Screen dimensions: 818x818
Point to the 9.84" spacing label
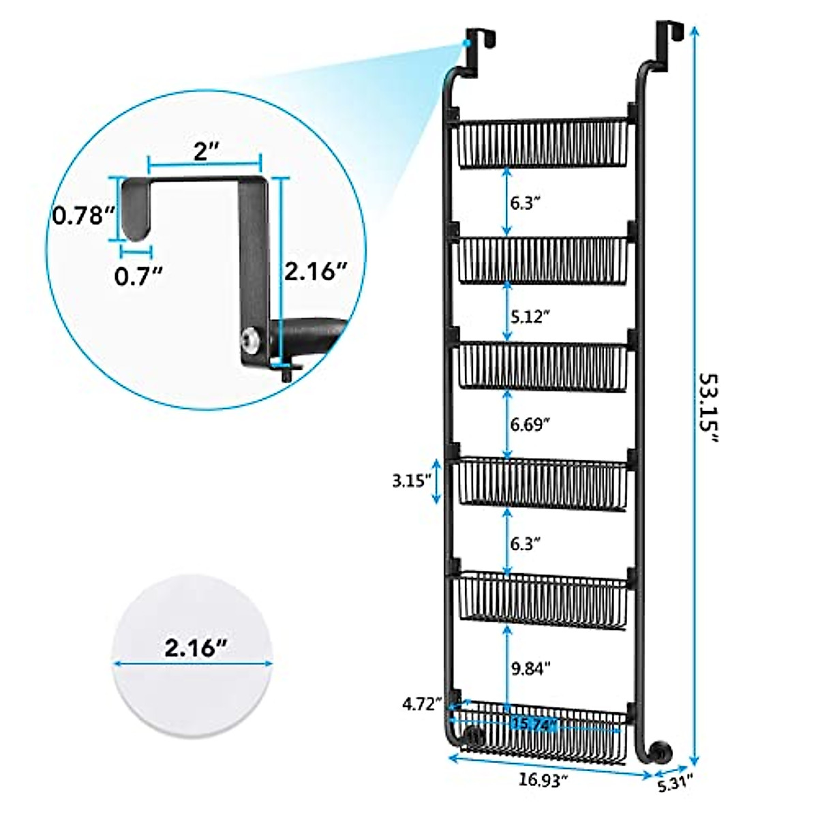[x=530, y=669]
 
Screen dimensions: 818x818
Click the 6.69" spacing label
[x=530, y=425]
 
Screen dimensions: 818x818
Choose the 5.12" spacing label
[x=530, y=316]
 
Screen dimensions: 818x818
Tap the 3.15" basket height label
[x=412, y=481]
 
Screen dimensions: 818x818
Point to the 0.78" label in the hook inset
[x=83, y=216]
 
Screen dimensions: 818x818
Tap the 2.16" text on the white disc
[x=195, y=648]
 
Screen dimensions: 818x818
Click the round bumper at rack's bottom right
[x=661, y=753]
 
